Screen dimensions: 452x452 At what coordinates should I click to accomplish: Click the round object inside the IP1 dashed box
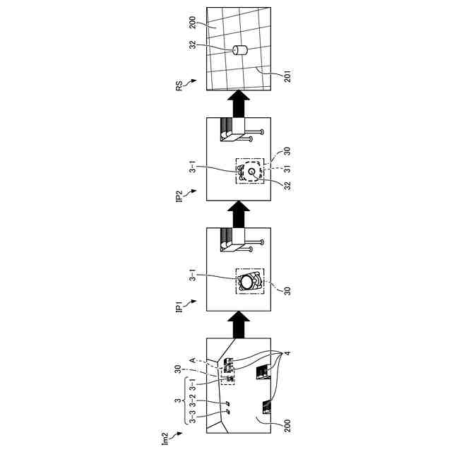tap(246, 281)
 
